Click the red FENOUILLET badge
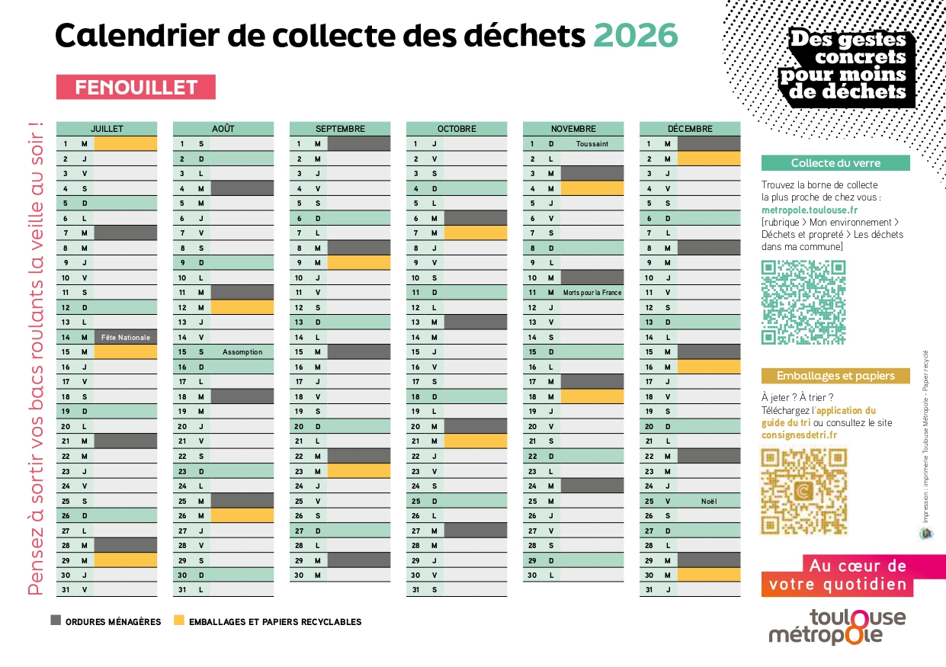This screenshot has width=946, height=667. pyautogui.click(x=136, y=88)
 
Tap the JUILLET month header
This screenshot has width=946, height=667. pyautogui.click(x=107, y=129)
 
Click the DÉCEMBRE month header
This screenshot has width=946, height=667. pyautogui.click(x=689, y=129)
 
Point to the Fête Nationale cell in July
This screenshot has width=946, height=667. pyautogui.click(x=126, y=337)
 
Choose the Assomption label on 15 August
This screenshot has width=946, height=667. pyautogui.click(x=242, y=352)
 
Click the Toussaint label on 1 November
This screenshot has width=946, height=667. pyautogui.click(x=592, y=143)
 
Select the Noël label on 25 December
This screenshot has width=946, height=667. pyautogui.click(x=709, y=501)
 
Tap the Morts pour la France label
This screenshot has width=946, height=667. pyautogui.click(x=592, y=293)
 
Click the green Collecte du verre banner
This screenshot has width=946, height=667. pyautogui.click(x=835, y=163)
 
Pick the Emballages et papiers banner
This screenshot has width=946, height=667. pyautogui.click(x=835, y=376)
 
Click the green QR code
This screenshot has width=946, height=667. pyautogui.click(x=803, y=303)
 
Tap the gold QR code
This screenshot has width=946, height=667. pyautogui.click(x=803, y=492)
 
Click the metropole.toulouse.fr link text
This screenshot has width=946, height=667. pyautogui.click(x=810, y=210)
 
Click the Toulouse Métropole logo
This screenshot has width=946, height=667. pyautogui.click(x=837, y=627)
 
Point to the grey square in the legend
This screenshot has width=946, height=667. pyautogui.click(x=56, y=621)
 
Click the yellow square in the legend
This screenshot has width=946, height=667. pyautogui.click(x=179, y=621)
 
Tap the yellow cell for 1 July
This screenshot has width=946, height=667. pyautogui.click(x=126, y=143)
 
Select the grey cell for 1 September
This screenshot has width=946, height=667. pyautogui.click(x=359, y=143)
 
